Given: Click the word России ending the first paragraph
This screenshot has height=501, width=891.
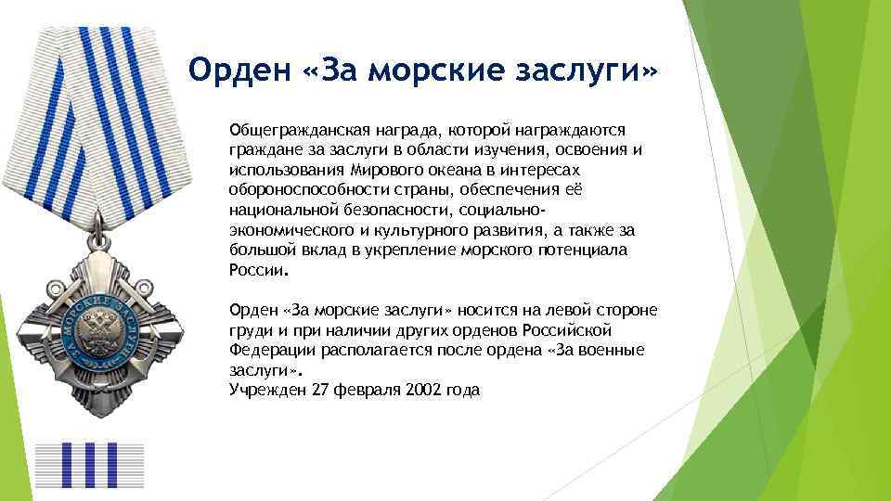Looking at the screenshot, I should [257, 271].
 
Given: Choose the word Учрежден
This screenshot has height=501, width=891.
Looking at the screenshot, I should [264, 390].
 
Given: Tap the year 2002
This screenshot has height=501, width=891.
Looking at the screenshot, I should [422, 390].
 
